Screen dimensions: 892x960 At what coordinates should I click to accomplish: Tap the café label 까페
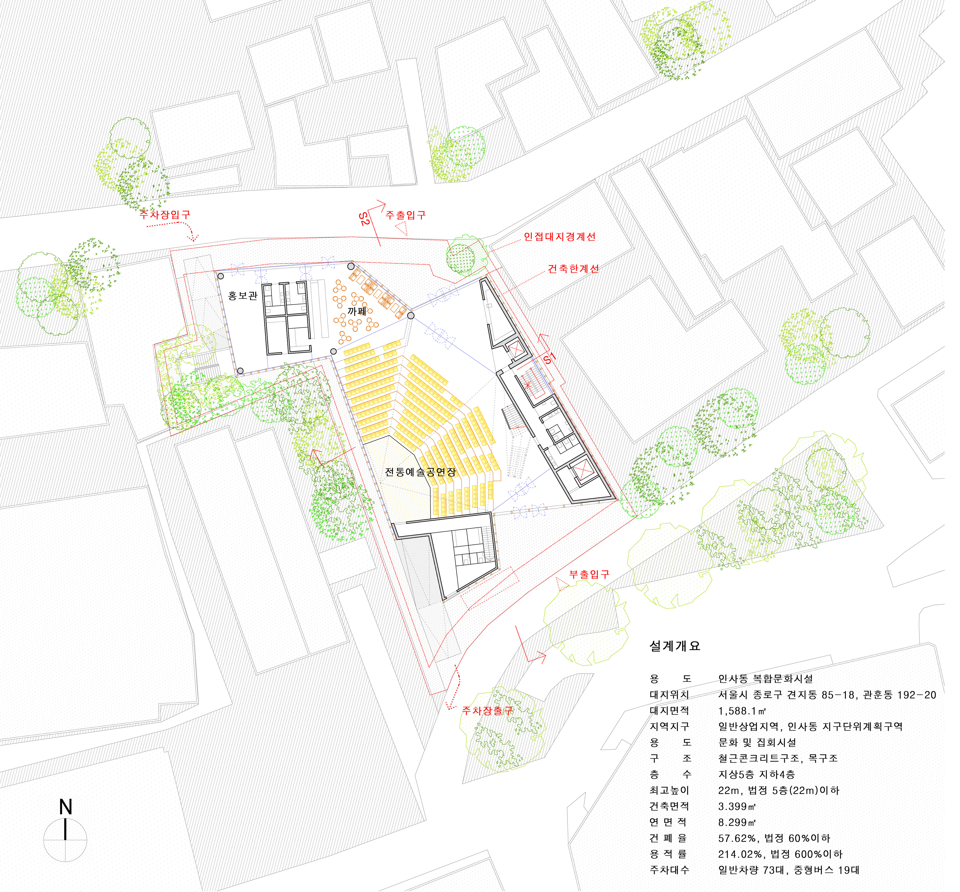[357, 311]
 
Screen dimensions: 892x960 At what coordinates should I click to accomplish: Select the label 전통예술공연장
[420, 472]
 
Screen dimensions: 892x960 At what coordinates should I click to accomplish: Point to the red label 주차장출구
[487, 710]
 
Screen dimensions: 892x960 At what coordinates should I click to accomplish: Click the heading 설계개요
[674, 646]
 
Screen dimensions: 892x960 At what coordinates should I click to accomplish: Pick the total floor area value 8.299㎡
[736, 822]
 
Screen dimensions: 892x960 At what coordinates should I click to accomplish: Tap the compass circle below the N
[65, 840]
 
